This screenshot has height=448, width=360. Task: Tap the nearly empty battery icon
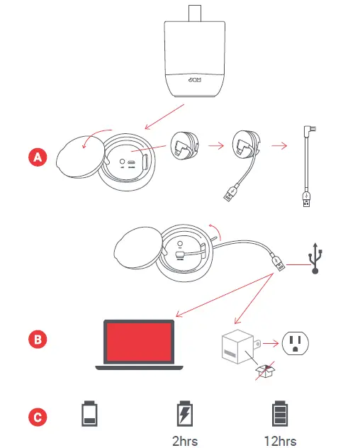89,415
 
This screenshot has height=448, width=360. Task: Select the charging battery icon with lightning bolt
185,414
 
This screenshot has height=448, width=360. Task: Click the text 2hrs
185,441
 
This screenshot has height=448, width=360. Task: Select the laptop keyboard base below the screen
139,367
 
